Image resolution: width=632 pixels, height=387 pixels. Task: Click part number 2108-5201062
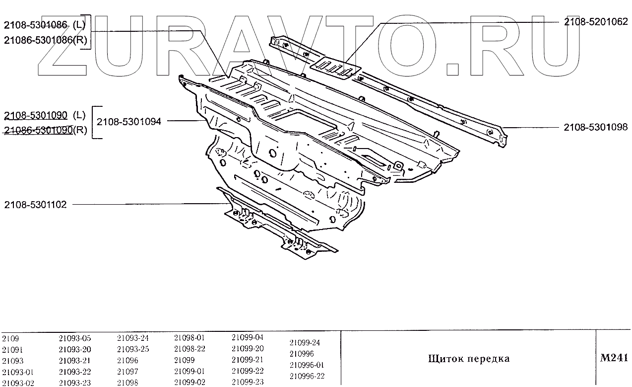pyautogui.click(x=595, y=22)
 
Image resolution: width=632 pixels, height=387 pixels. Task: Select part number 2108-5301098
pyautogui.click(x=595, y=127)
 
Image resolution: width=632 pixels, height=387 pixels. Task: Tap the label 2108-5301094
pyautogui.click(x=128, y=121)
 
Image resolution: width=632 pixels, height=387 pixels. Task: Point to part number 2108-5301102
pyautogui.click(x=35, y=204)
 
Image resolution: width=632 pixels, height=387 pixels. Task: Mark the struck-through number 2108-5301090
pyautogui.click(x=35, y=116)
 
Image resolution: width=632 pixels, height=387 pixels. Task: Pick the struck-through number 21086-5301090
pyautogui.click(x=38, y=130)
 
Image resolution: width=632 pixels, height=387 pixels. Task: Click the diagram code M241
pyautogui.click(x=614, y=358)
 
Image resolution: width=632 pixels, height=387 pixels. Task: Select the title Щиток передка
pyautogui.click(x=469, y=359)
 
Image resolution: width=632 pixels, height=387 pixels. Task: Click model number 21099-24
pyautogui.click(x=305, y=342)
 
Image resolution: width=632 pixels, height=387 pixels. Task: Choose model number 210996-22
pyautogui.click(x=307, y=376)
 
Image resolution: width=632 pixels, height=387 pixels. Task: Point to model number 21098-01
pyautogui.click(x=190, y=337)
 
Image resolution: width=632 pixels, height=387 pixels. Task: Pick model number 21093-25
pyautogui.click(x=132, y=349)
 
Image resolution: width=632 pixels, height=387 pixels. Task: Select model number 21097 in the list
pyautogui.click(x=127, y=371)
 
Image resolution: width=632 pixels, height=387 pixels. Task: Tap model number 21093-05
pyautogui.click(x=74, y=338)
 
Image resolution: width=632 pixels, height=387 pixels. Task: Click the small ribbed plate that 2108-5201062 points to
pyautogui.click(x=335, y=68)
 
